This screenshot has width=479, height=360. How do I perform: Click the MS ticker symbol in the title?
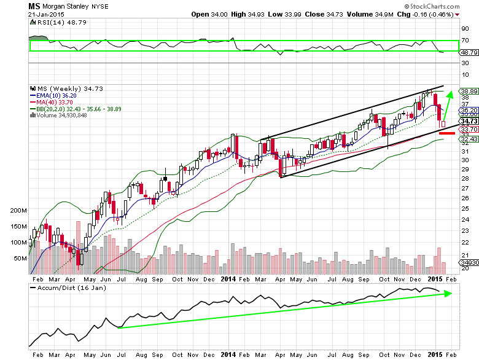pyautogui.click(x=35, y=6)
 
